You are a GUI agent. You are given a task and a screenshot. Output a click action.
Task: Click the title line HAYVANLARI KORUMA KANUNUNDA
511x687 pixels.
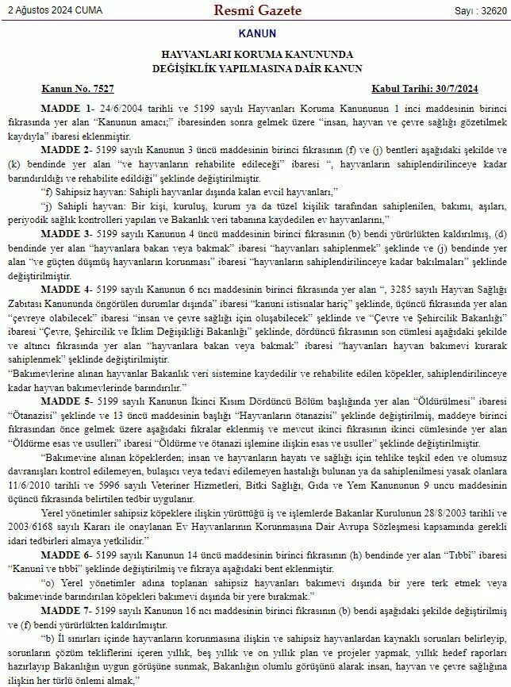click(256, 56)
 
